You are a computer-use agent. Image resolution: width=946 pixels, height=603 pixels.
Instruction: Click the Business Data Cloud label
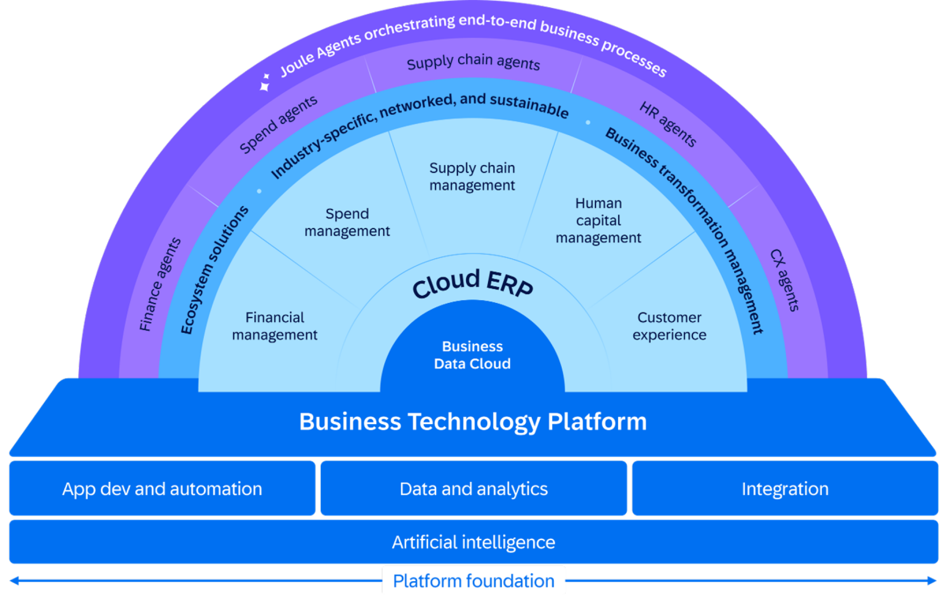(472, 355)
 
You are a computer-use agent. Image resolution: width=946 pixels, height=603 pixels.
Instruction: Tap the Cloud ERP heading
(472, 283)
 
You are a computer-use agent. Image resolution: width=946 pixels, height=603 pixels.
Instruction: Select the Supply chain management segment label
(472, 176)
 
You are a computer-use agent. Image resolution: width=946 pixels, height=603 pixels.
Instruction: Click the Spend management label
(347, 222)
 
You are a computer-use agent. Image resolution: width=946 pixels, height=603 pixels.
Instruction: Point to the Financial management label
(275, 326)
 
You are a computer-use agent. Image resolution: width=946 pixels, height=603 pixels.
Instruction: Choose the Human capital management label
(598, 220)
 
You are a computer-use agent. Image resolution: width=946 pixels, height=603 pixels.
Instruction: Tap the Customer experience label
(669, 326)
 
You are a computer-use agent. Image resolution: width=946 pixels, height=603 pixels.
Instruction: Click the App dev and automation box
(162, 488)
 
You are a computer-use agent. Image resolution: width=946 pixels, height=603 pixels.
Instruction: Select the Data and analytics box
(473, 488)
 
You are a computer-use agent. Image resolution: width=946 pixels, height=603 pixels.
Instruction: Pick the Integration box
(785, 488)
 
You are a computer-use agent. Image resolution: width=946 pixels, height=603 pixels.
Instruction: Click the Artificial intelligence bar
(473, 542)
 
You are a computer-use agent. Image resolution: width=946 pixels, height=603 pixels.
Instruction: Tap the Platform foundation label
(473, 581)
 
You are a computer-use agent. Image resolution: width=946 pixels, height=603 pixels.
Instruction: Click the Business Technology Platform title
(472, 421)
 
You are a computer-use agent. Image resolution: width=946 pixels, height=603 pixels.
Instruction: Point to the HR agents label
(667, 124)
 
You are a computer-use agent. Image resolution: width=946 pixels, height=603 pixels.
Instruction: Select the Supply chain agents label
(473, 62)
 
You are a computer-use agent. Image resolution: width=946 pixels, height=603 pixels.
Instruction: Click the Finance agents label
(160, 284)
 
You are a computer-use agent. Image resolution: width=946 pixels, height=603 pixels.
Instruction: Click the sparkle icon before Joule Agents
(265, 82)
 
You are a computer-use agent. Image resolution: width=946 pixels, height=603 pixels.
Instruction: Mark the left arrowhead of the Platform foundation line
(14, 581)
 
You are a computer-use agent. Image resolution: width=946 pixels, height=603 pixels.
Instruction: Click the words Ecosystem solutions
(215, 270)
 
